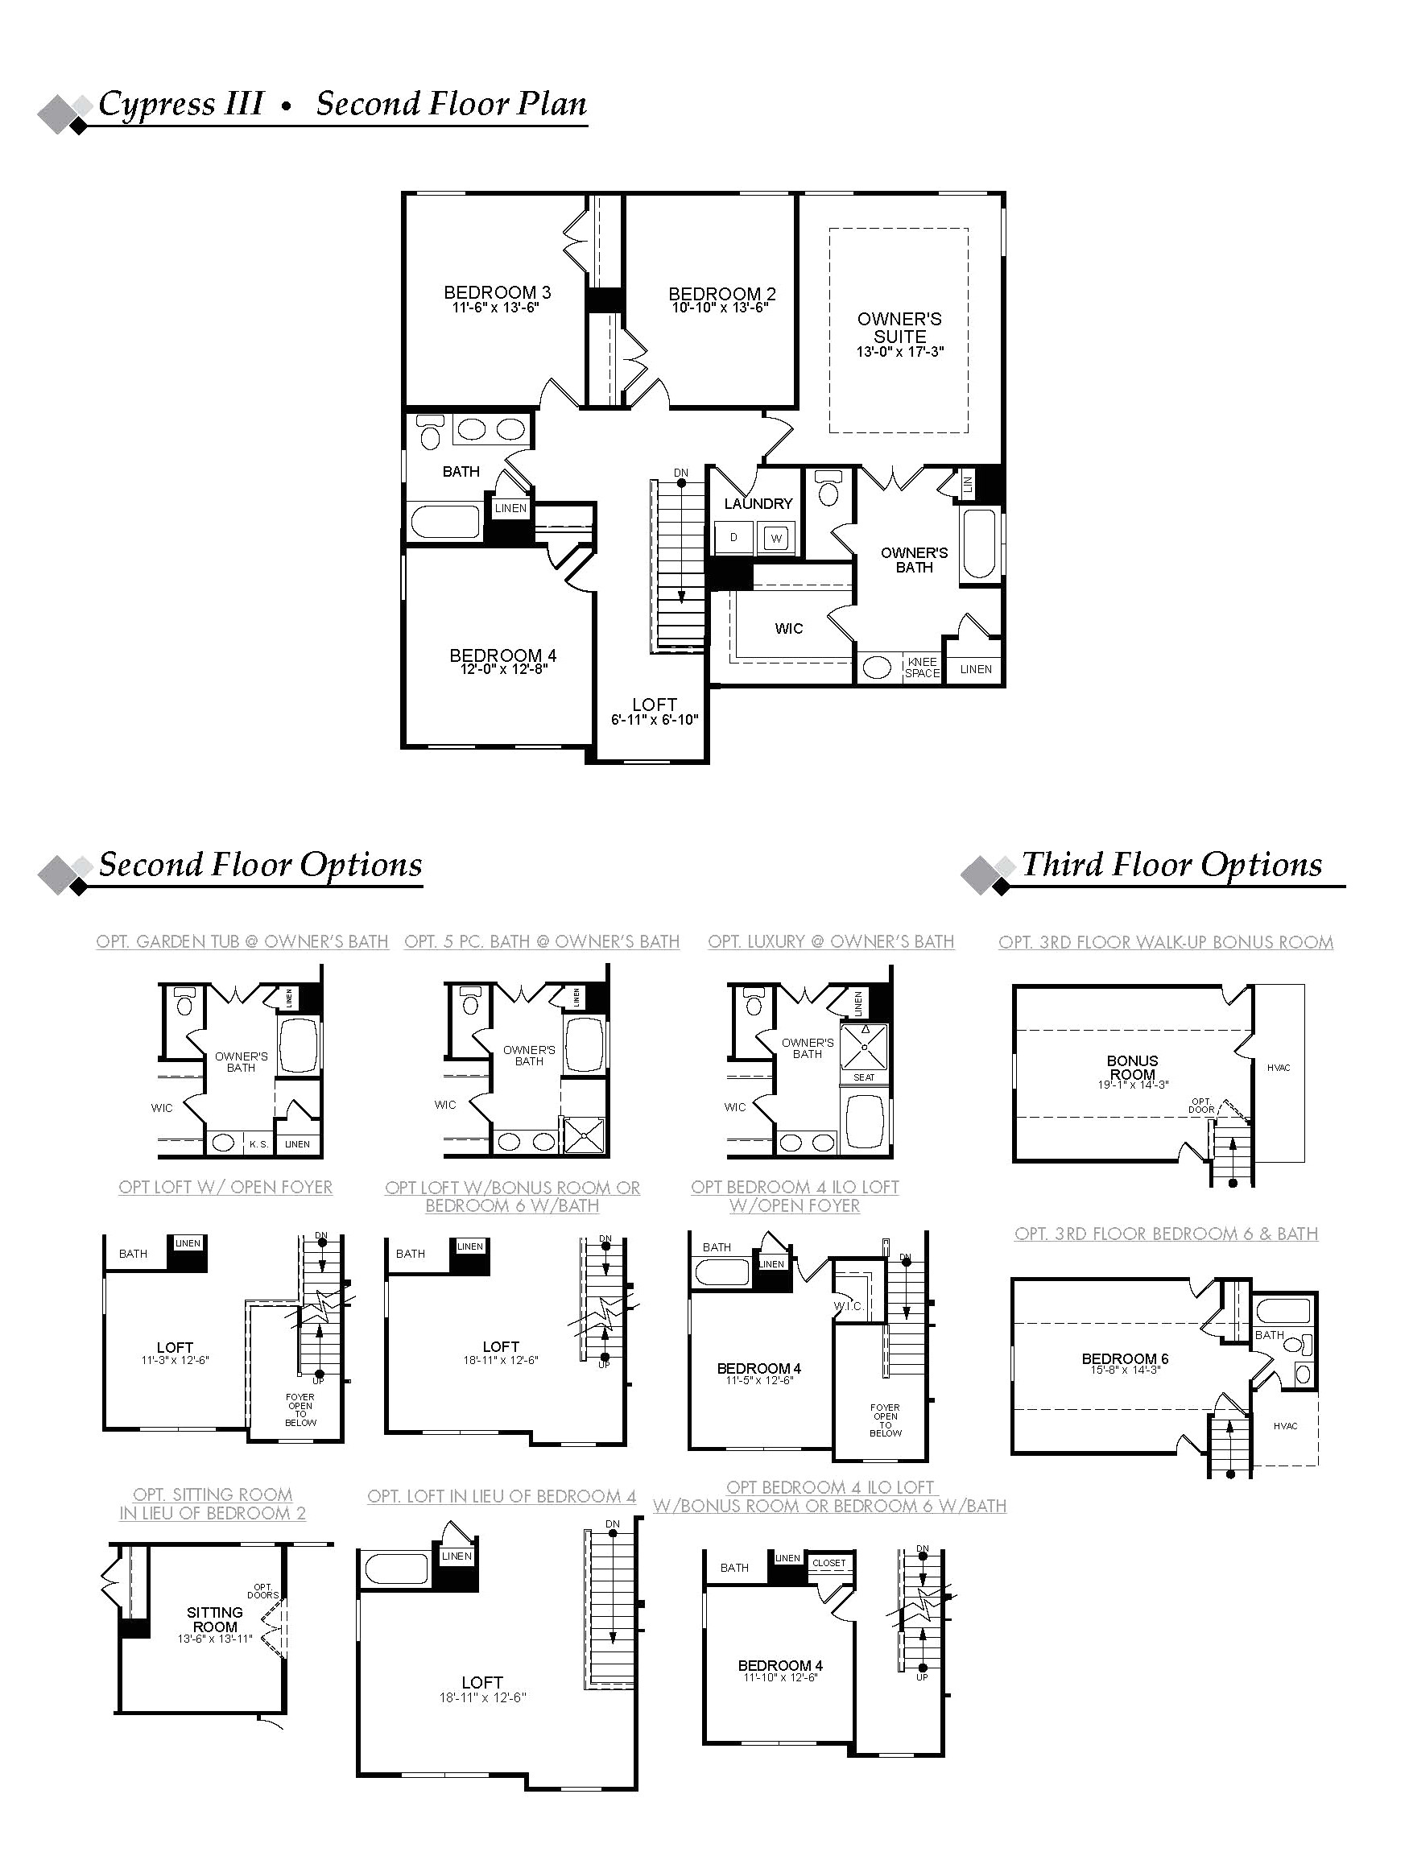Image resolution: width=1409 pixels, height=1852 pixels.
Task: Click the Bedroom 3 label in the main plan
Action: [x=498, y=293]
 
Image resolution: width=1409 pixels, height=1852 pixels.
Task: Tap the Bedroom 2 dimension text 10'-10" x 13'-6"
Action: [x=721, y=308]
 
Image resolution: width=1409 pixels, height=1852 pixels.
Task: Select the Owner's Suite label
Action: [x=900, y=327]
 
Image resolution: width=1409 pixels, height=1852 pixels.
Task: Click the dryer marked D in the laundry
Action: [x=733, y=538]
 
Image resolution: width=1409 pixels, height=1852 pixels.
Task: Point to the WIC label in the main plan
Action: [x=789, y=629]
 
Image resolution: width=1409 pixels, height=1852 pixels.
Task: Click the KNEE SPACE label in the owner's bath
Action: [x=922, y=668]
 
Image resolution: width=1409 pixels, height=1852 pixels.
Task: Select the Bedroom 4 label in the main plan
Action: [x=503, y=656]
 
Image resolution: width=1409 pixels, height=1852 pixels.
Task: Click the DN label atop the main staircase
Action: [x=681, y=474]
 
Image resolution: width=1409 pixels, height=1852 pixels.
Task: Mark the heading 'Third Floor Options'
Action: [x=1171, y=865]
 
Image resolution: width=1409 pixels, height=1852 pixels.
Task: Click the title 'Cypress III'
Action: [x=180, y=104]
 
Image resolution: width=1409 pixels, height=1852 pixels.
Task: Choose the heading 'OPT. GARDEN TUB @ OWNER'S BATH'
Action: [x=242, y=942]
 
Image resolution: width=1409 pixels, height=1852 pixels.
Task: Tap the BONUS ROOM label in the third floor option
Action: [x=1132, y=1068]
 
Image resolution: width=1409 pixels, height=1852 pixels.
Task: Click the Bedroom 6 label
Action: [x=1125, y=1359]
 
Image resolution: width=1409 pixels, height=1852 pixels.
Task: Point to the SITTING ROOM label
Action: [x=215, y=1619]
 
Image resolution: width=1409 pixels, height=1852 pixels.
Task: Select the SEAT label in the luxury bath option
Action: [x=864, y=1078]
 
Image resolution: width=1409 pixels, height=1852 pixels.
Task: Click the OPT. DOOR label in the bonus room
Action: [x=1201, y=1106]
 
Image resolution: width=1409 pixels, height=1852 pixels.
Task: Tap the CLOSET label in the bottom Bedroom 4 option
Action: [x=829, y=1563]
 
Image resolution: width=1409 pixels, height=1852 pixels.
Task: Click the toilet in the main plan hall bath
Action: [x=430, y=432]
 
